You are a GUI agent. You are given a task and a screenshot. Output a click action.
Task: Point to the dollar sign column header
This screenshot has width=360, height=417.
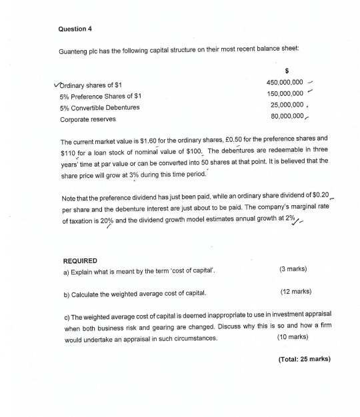tap(287, 69)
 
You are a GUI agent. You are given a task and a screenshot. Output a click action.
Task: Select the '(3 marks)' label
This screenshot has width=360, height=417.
tap(293, 271)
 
